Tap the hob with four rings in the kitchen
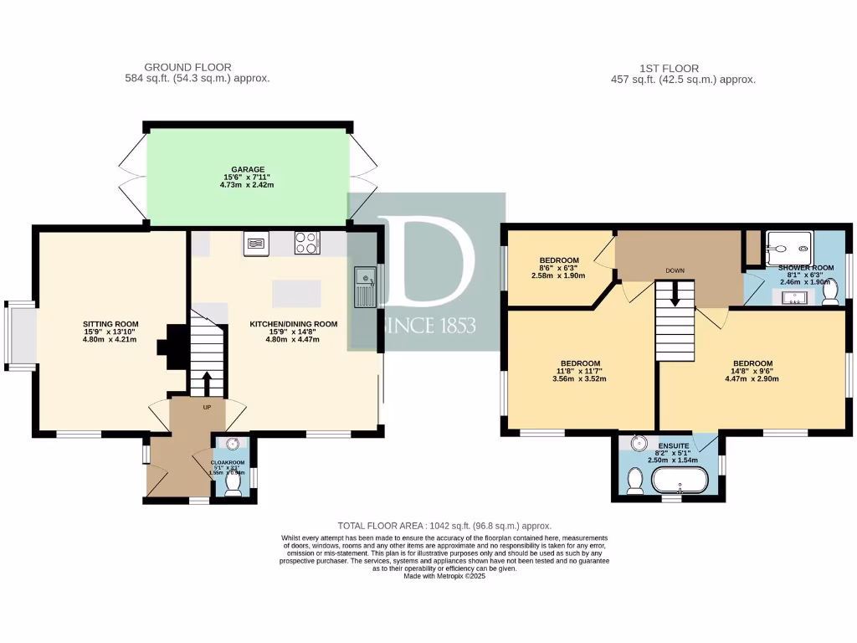[307, 243]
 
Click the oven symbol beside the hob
[256, 244]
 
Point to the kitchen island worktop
[295, 294]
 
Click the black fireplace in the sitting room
[175, 346]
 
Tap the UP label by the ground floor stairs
[207, 407]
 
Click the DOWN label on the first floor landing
[675, 271]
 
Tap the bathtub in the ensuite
[680, 481]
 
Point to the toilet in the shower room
[831, 296]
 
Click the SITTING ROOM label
[110, 324]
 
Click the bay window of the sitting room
[20, 335]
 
